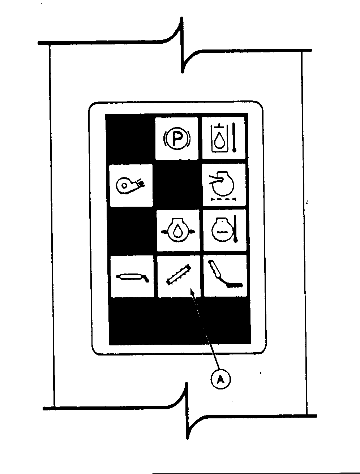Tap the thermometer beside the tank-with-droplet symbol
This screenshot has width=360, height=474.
[234, 138]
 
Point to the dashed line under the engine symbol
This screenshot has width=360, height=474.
[224, 199]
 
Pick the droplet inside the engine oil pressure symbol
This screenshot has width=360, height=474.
[178, 231]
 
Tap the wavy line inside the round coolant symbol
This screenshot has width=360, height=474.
[222, 232]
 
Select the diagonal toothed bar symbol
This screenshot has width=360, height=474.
[179, 275]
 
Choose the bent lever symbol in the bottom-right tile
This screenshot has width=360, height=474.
[225, 274]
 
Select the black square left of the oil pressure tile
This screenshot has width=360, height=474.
[132, 231]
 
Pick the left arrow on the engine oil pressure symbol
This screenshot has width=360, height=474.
[165, 232]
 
